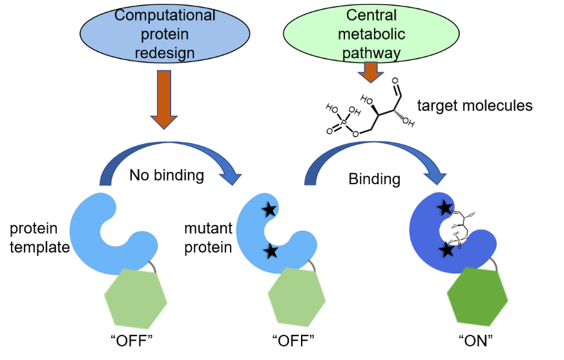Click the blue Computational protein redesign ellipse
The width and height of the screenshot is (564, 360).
click(x=165, y=34)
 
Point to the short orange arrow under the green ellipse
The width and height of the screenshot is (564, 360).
click(x=371, y=72)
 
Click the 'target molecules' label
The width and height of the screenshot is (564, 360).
click(x=475, y=105)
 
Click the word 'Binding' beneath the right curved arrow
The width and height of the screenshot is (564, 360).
click(x=374, y=178)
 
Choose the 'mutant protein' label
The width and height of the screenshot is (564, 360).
click(x=207, y=237)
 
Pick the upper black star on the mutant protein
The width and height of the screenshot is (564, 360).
click(x=269, y=209)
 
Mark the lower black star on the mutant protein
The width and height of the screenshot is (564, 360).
click(x=271, y=250)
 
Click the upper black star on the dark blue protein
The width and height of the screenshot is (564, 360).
click(x=444, y=207)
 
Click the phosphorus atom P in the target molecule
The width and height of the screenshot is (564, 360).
click(x=344, y=120)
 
